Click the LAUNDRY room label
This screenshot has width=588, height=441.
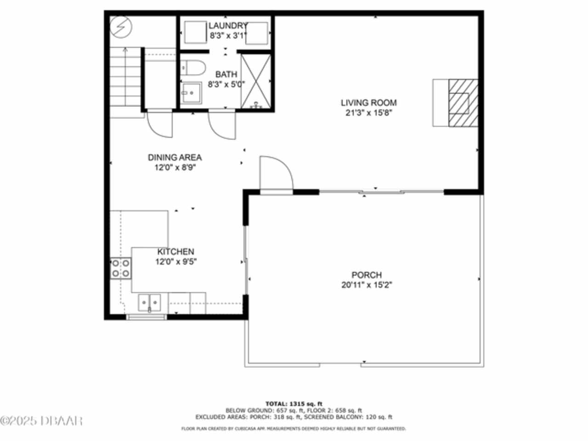coord(228,26)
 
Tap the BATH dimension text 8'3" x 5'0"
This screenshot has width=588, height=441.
coord(226,85)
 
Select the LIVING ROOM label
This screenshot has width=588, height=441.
coord(368,102)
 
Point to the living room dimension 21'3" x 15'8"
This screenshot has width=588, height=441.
coord(368,113)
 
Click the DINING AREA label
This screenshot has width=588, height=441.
coord(175,157)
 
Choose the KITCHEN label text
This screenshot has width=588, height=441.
coord(176,251)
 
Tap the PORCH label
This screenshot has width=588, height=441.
coord(367,275)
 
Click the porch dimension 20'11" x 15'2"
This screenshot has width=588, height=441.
coord(367,285)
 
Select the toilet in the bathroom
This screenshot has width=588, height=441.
coord(193,68)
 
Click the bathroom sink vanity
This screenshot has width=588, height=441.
coord(191,93)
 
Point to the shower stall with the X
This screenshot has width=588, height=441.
coord(256,81)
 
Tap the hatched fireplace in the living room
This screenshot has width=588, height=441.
coord(463,102)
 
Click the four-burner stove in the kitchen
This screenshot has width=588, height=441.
coord(120,268)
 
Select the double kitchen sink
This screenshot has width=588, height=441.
coord(149,303)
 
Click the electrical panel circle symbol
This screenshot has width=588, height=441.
coord(121,27)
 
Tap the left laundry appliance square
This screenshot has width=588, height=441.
coord(195,32)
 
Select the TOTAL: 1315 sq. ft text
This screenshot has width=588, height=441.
coord(294,403)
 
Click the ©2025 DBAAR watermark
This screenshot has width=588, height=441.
coord(41,421)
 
